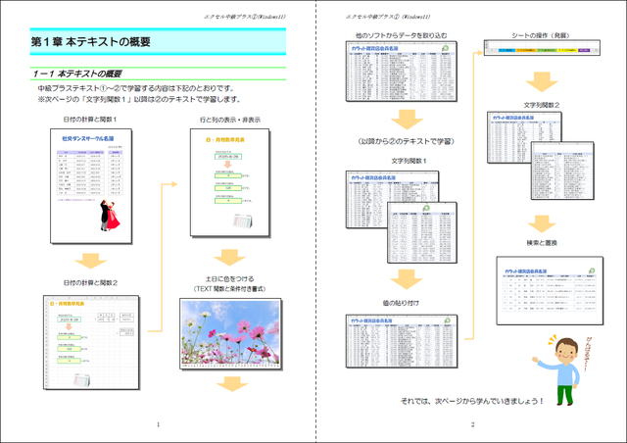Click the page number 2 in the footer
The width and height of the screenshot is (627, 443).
(x=472, y=424)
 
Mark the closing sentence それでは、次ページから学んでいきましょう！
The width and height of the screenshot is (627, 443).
(x=472, y=402)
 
